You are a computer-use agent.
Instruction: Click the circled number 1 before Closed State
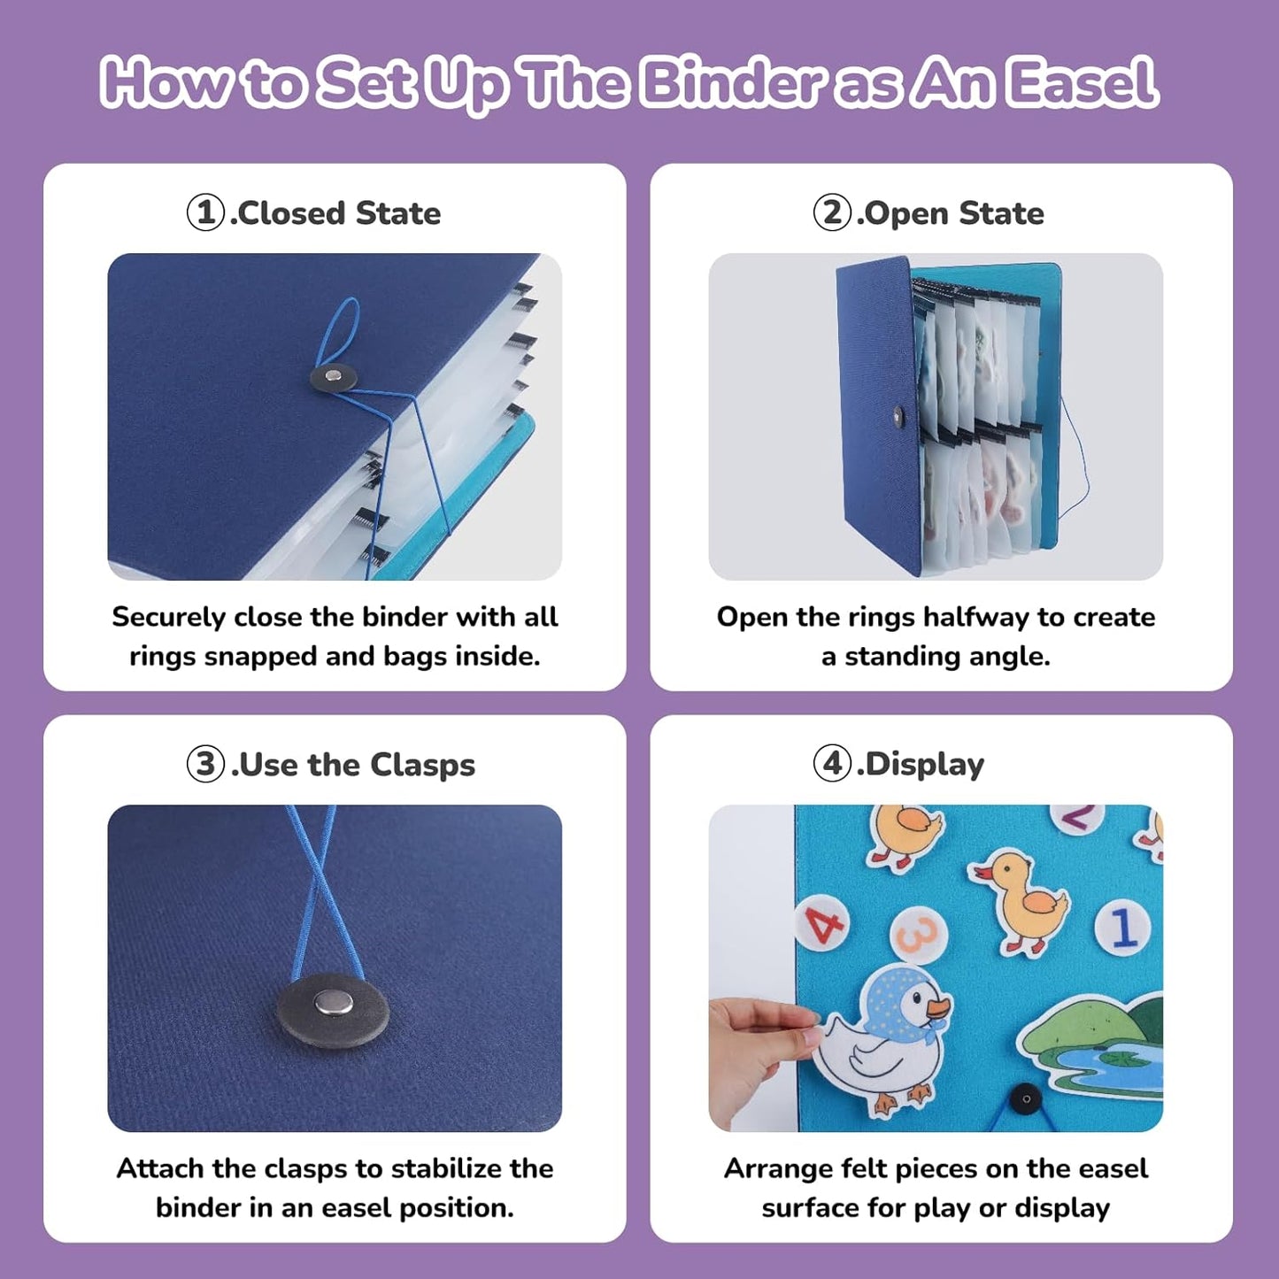[x=205, y=212]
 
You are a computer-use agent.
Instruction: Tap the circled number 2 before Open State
[x=832, y=212]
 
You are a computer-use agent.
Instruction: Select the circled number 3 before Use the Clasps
[x=205, y=764]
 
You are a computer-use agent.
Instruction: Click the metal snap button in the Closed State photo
[x=335, y=376]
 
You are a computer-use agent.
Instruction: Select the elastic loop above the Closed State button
[x=338, y=332]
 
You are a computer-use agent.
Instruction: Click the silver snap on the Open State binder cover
[x=898, y=417]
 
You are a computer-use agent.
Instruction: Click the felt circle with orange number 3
[x=917, y=935]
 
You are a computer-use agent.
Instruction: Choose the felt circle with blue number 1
[x=1122, y=927]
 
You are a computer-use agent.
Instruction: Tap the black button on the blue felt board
[x=1026, y=1099]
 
